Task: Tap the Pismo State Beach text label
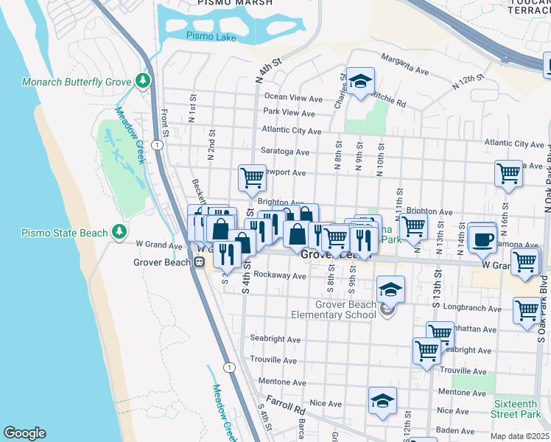pos(64,233)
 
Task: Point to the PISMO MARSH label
pos(235,3)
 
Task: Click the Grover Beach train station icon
pos(199,262)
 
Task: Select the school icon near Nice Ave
pos(382,401)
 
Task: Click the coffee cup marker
pos(482,239)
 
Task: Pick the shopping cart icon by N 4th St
pos(252,177)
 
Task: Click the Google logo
pos(24,433)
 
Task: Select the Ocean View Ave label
pos(293,98)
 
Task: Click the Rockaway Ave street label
pos(278,276)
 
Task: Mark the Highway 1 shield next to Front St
pos(157,145)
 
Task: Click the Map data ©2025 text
pos(519,436)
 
